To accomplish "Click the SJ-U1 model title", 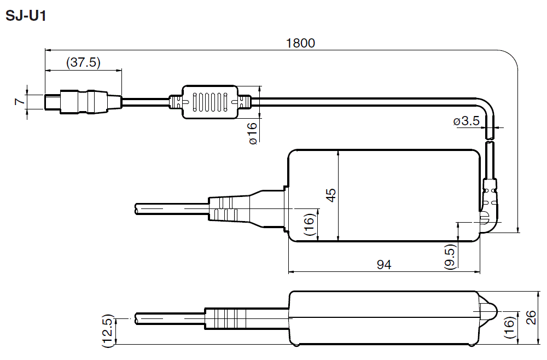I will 25,16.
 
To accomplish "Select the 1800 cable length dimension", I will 301,43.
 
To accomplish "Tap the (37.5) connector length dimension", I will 83,62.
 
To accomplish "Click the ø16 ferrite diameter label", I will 253,133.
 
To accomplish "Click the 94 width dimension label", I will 384,265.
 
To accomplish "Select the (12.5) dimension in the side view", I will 107,330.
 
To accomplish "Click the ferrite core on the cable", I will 210,102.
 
